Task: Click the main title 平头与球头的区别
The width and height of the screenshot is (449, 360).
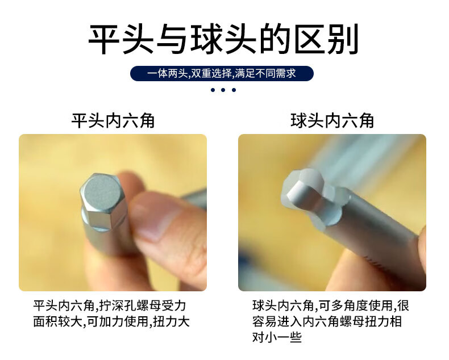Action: click(223, 39)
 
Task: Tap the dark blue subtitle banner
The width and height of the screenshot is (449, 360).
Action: click(222, 74)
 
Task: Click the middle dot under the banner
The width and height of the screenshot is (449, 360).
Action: click(223, 90)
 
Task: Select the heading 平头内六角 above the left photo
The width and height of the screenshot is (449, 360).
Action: click(113, 120)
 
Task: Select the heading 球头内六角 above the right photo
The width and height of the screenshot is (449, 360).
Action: click(332, 120)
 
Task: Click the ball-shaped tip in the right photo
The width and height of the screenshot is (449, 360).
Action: click(304, 190)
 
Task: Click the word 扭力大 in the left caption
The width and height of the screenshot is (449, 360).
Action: click(171, 321)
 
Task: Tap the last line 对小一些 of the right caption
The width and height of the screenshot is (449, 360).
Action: click(277, 337)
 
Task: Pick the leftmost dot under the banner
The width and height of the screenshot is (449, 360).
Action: click(213, 90)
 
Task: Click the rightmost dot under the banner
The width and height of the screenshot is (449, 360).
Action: click(234, 90)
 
